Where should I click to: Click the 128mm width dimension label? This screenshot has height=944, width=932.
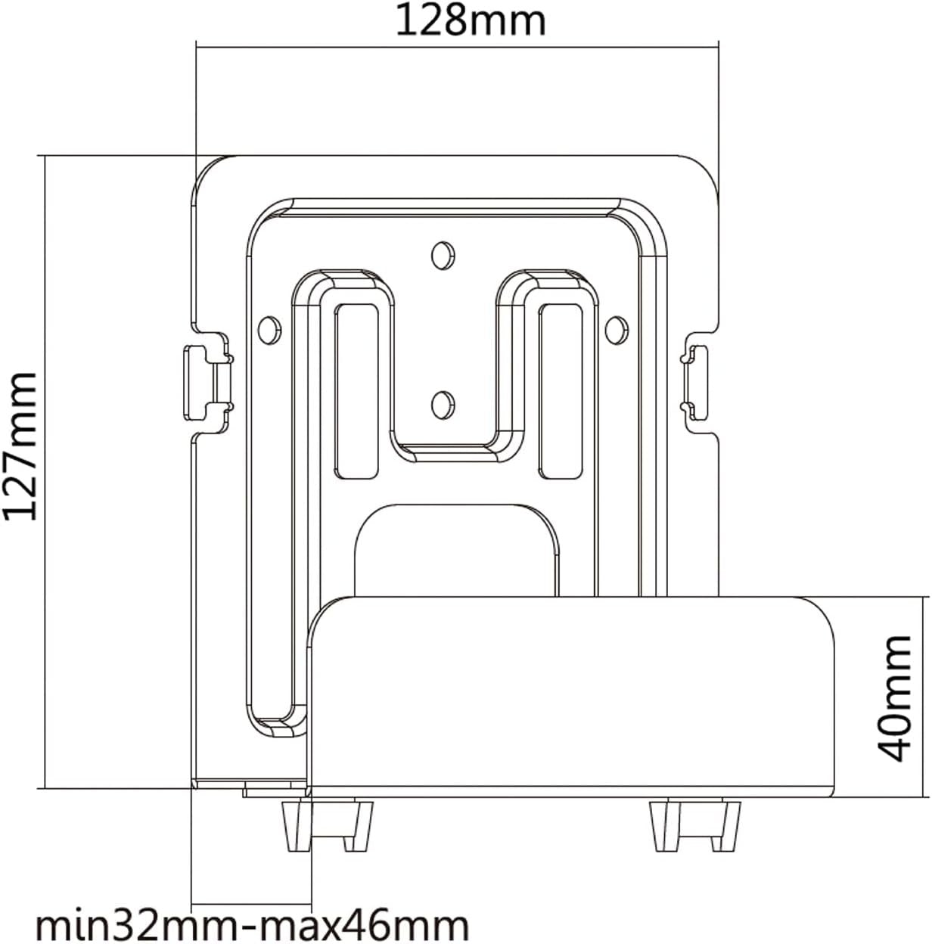470,21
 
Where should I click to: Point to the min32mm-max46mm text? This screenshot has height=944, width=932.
252,924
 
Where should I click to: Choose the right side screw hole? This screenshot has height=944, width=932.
617,328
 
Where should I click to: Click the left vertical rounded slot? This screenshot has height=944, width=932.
357,391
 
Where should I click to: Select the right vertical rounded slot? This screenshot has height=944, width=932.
560,391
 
